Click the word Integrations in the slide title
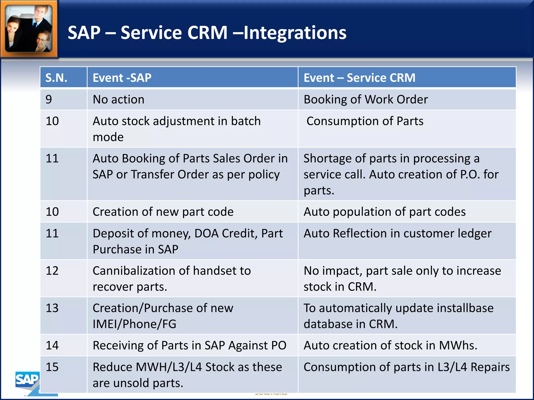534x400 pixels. pyautogui.click(x=295, y=33)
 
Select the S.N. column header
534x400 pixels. pyautogui.click(x=56, y=78)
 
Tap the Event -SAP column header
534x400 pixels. pyautogui.click(x=122, y=78)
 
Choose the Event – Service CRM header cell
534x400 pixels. pyautogui.click(x=359, y=78)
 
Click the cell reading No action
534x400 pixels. pyautogui.click(x=118, y=99)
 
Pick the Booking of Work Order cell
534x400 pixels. pyautogui.click(x=366, y=99)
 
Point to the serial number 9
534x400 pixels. pyautogui.click(x=49, y=99)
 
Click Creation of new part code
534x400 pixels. pyautogui.click(x=163, y=212)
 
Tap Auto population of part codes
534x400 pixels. pyautogui.click(x=384, y=212)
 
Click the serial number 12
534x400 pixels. pyautogui.click(x=52, y=271)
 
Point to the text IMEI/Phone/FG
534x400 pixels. pyautogui.click(x=135, y=324)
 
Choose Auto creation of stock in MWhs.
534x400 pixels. pyautogui.click(x=390, y=346)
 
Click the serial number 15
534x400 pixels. pyautogui.click(x=52, y=367)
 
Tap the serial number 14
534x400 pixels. pyautogui.click(x=52, y=346)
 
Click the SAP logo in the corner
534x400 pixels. pyautogui.click(x=27, y=380)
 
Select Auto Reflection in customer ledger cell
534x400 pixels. pyautogui.click(x=397, y=234)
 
